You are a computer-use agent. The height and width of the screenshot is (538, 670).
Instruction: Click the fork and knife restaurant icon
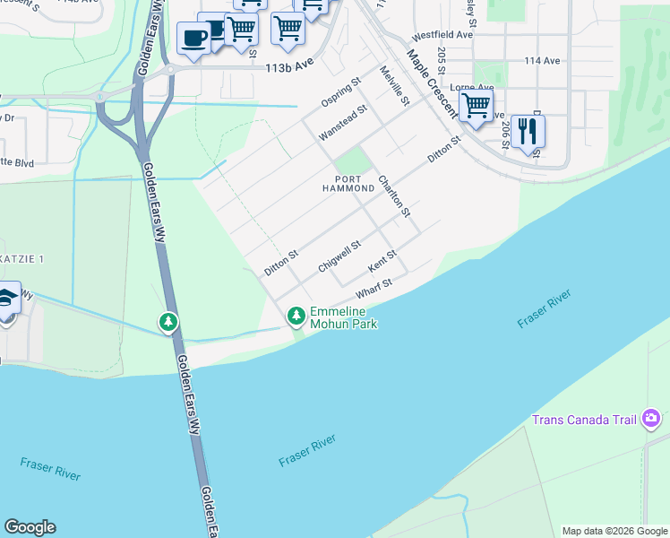[x=528, y=131]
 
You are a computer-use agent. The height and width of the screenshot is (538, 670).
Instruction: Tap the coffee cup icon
[x=193, y=38]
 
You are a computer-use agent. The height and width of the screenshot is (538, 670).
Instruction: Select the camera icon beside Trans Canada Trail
[x=651, y=419]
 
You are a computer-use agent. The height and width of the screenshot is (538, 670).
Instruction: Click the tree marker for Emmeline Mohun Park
[x=296, y=316]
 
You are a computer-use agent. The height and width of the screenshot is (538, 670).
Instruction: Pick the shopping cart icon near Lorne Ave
[x=476, y=105]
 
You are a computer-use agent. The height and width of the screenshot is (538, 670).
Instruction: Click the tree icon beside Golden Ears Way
[x=167, y=321]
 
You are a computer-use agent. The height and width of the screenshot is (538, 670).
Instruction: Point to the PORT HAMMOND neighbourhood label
[x=348, y=183]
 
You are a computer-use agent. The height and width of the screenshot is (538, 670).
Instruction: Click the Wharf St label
[x=374, y=290]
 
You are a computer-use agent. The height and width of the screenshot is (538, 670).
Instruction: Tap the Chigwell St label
[x=339, y=256]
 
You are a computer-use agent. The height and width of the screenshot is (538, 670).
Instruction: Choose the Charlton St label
[x=393, y=195]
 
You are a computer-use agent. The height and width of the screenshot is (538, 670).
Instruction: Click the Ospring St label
[x=340, y=92]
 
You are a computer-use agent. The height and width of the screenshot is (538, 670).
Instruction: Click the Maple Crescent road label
[x=433, y=84]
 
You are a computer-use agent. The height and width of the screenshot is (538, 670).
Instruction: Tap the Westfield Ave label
[x=442, y=35]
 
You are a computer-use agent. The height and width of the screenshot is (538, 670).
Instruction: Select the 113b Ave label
[x=287, y=66]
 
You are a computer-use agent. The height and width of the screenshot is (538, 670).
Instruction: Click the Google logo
[x=30, y=527]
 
